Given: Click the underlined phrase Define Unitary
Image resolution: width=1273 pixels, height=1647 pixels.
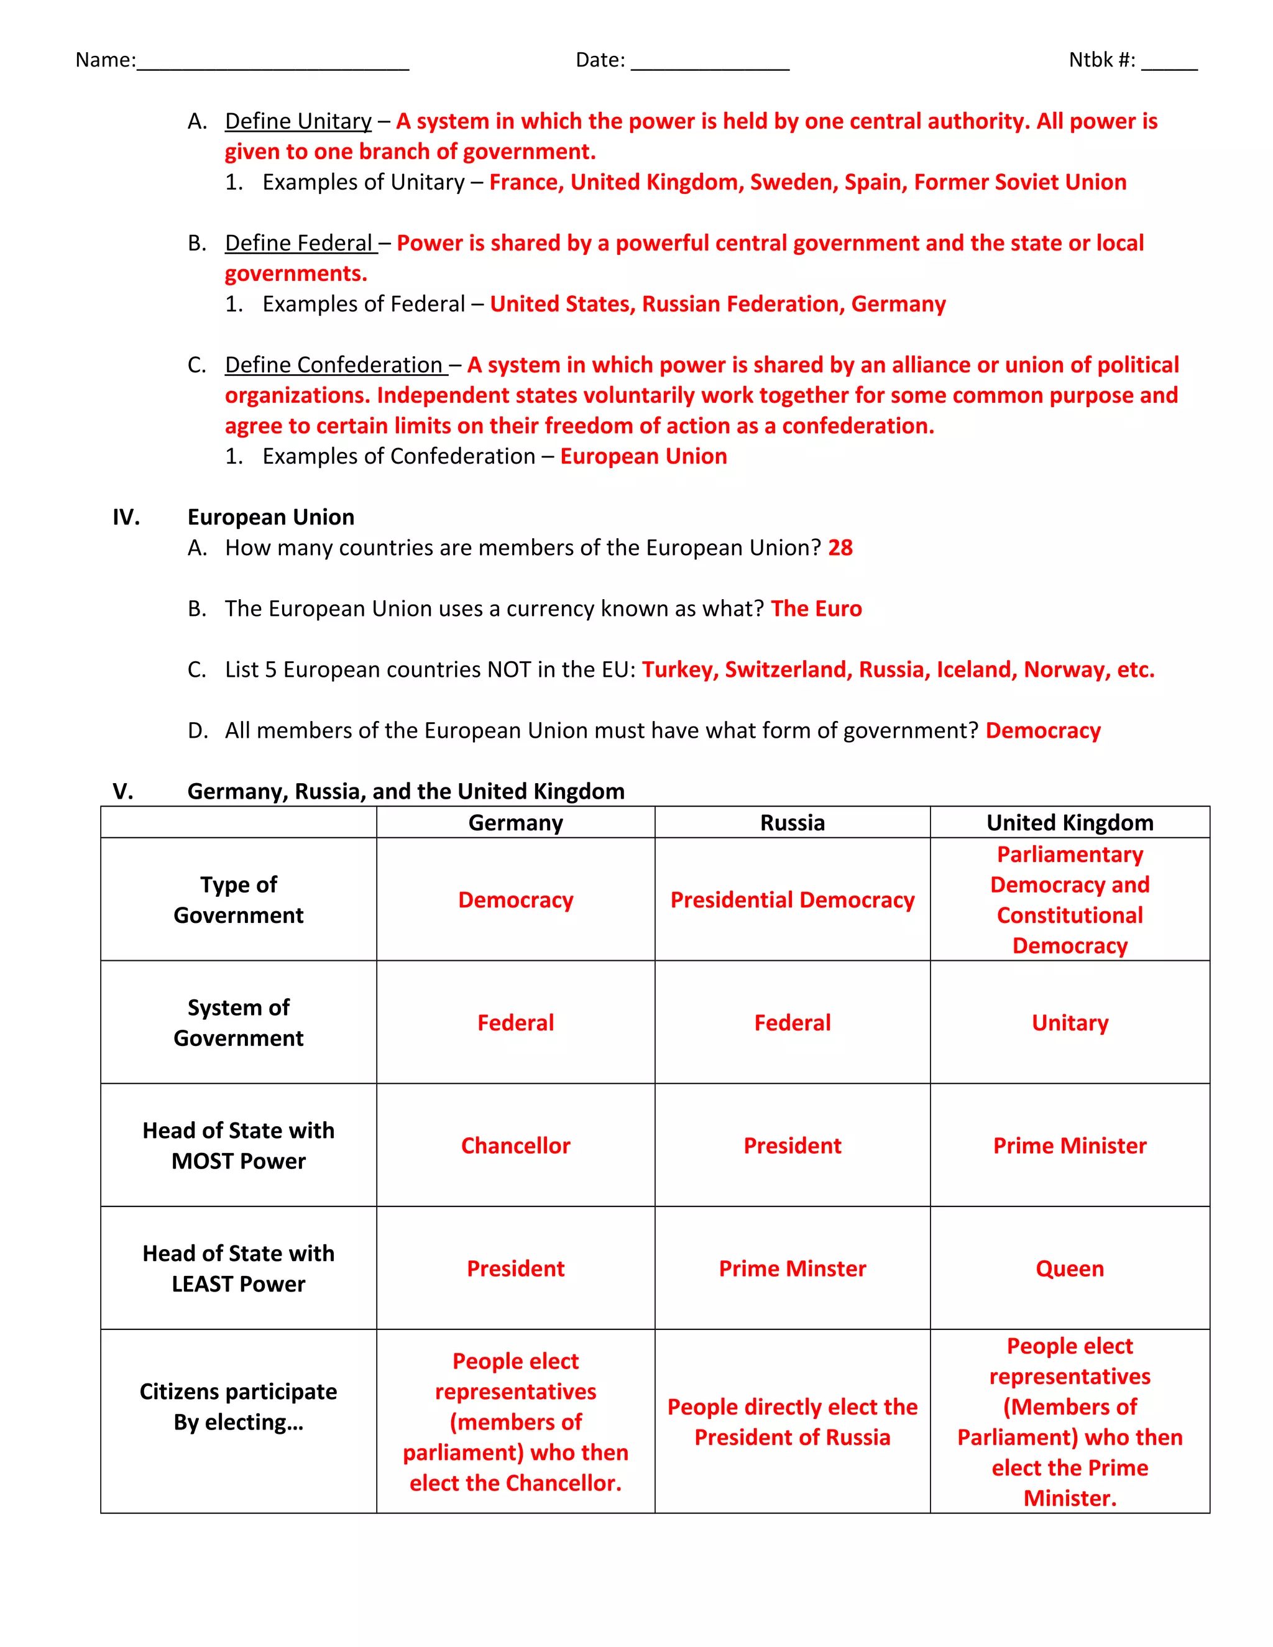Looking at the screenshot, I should [298, 121].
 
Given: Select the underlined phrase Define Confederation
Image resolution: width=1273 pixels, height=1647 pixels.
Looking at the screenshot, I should [334, 365].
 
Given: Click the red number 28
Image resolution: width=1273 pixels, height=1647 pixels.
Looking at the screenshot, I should [840, 548].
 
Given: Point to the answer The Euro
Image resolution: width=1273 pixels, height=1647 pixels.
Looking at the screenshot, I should [816, 608].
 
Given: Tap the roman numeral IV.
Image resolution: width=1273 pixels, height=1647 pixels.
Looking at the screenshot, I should [126, 517].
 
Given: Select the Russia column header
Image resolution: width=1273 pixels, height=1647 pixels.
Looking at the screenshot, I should [792, 823].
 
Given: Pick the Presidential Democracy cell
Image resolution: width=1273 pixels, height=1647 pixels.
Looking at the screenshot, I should [792, 900].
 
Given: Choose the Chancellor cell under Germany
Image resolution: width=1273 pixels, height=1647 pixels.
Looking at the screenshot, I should [515, 1145].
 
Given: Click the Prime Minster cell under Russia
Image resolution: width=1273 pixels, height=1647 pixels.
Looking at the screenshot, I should [792, 1269].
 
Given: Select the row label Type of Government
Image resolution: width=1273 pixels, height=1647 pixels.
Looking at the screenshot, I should [238, 900].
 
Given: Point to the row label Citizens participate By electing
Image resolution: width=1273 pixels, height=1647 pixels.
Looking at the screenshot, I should [238, 1406].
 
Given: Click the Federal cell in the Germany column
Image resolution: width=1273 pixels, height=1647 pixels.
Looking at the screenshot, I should [515, 1022].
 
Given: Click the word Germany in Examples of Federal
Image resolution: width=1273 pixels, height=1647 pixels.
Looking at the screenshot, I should [898, 304].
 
